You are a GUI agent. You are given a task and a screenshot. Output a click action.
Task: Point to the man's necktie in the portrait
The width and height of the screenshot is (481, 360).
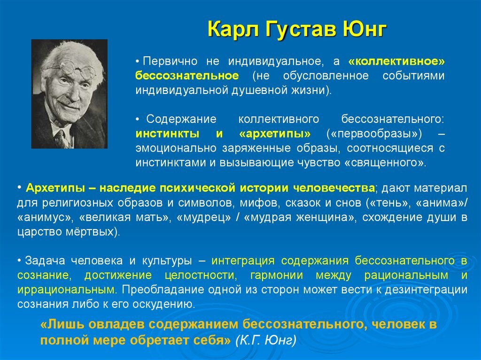(61, 138)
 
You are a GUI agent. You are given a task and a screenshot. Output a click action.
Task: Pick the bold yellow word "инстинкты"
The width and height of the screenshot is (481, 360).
(171, 134)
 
